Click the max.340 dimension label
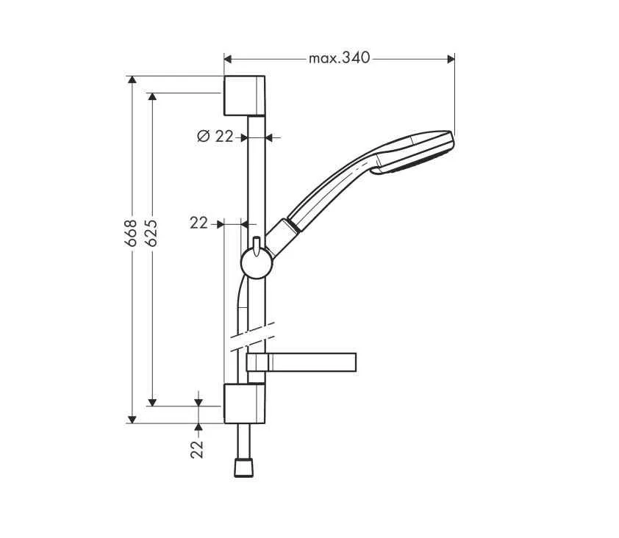339,58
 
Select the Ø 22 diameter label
215,136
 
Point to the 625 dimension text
152,233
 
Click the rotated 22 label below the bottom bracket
198,449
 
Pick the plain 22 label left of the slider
198,223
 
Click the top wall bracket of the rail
244,95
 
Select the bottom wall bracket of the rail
244,403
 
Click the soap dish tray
309,362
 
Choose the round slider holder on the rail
255,264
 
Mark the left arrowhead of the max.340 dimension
228,58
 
